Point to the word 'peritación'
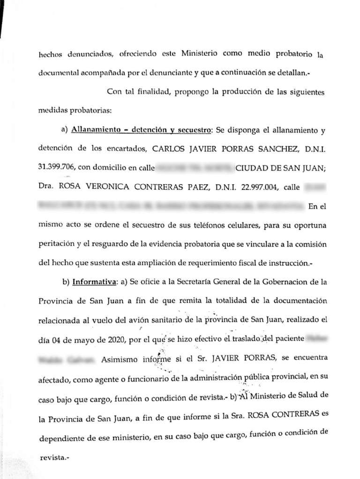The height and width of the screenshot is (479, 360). tap(57, 244)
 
